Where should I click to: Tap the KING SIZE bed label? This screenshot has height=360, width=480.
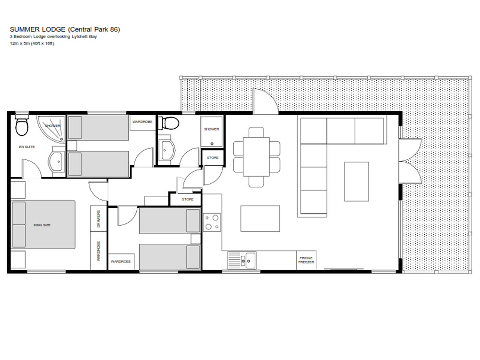pos(42,225)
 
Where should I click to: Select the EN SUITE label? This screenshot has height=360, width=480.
pos(27,147)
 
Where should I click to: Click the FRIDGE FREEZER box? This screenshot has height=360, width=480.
pos(306,260)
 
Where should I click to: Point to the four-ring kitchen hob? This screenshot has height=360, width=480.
pos(212,222)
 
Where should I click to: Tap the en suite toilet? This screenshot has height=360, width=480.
pos(22,126)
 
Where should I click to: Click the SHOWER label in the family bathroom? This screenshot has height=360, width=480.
pos(212,129)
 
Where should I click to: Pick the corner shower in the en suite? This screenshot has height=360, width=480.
pos(52,129)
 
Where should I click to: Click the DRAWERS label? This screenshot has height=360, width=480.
pos(98,218)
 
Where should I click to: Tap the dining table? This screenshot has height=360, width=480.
pos(256,157)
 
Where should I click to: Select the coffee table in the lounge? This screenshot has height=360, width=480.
pos(356,181)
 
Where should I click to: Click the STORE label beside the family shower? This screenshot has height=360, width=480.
pos(213,157)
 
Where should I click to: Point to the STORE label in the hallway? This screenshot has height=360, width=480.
pos(188,199)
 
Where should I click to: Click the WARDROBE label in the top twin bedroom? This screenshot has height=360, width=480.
pos(143,122)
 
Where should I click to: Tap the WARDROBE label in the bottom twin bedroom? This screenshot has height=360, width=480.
pos(120,262)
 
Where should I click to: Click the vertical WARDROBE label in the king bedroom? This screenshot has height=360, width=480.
pos(98,251)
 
